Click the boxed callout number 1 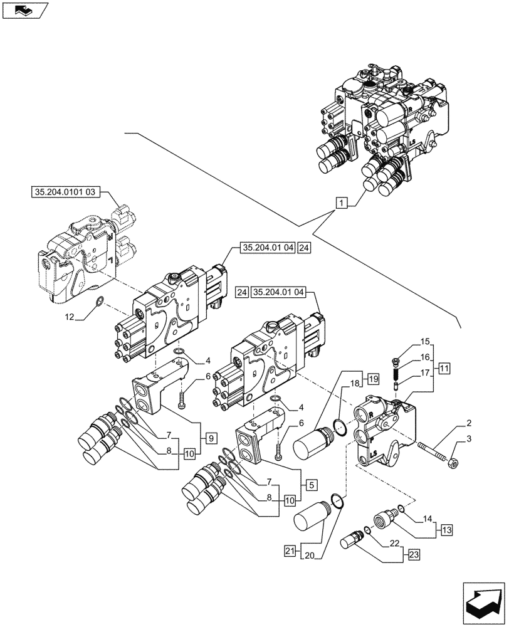[340, 203]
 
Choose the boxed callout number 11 [443, 368]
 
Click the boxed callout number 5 [311, 484]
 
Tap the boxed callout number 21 [288, 551]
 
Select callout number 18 [354, 382]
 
